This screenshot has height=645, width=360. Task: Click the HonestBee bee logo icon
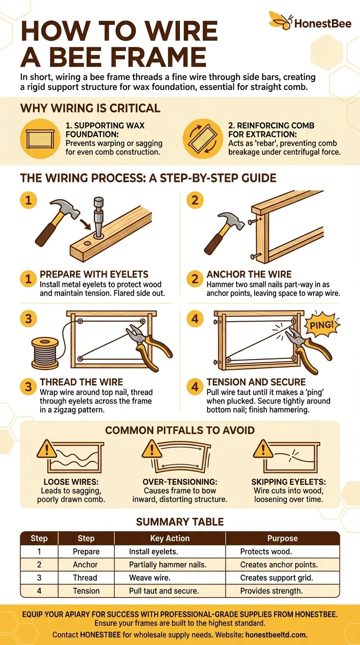click(x=280, y=20)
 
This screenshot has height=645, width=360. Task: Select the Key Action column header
click(x=170, y=538)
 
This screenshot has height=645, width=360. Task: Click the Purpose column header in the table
click(x=282, y=538)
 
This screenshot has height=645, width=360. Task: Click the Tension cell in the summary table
click(x=86, y=591)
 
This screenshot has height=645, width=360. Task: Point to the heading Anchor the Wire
click(x=249, y=274)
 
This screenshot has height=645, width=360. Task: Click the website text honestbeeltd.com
click(x=276, y=635)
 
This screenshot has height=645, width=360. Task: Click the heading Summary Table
click(x=180, y=522)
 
